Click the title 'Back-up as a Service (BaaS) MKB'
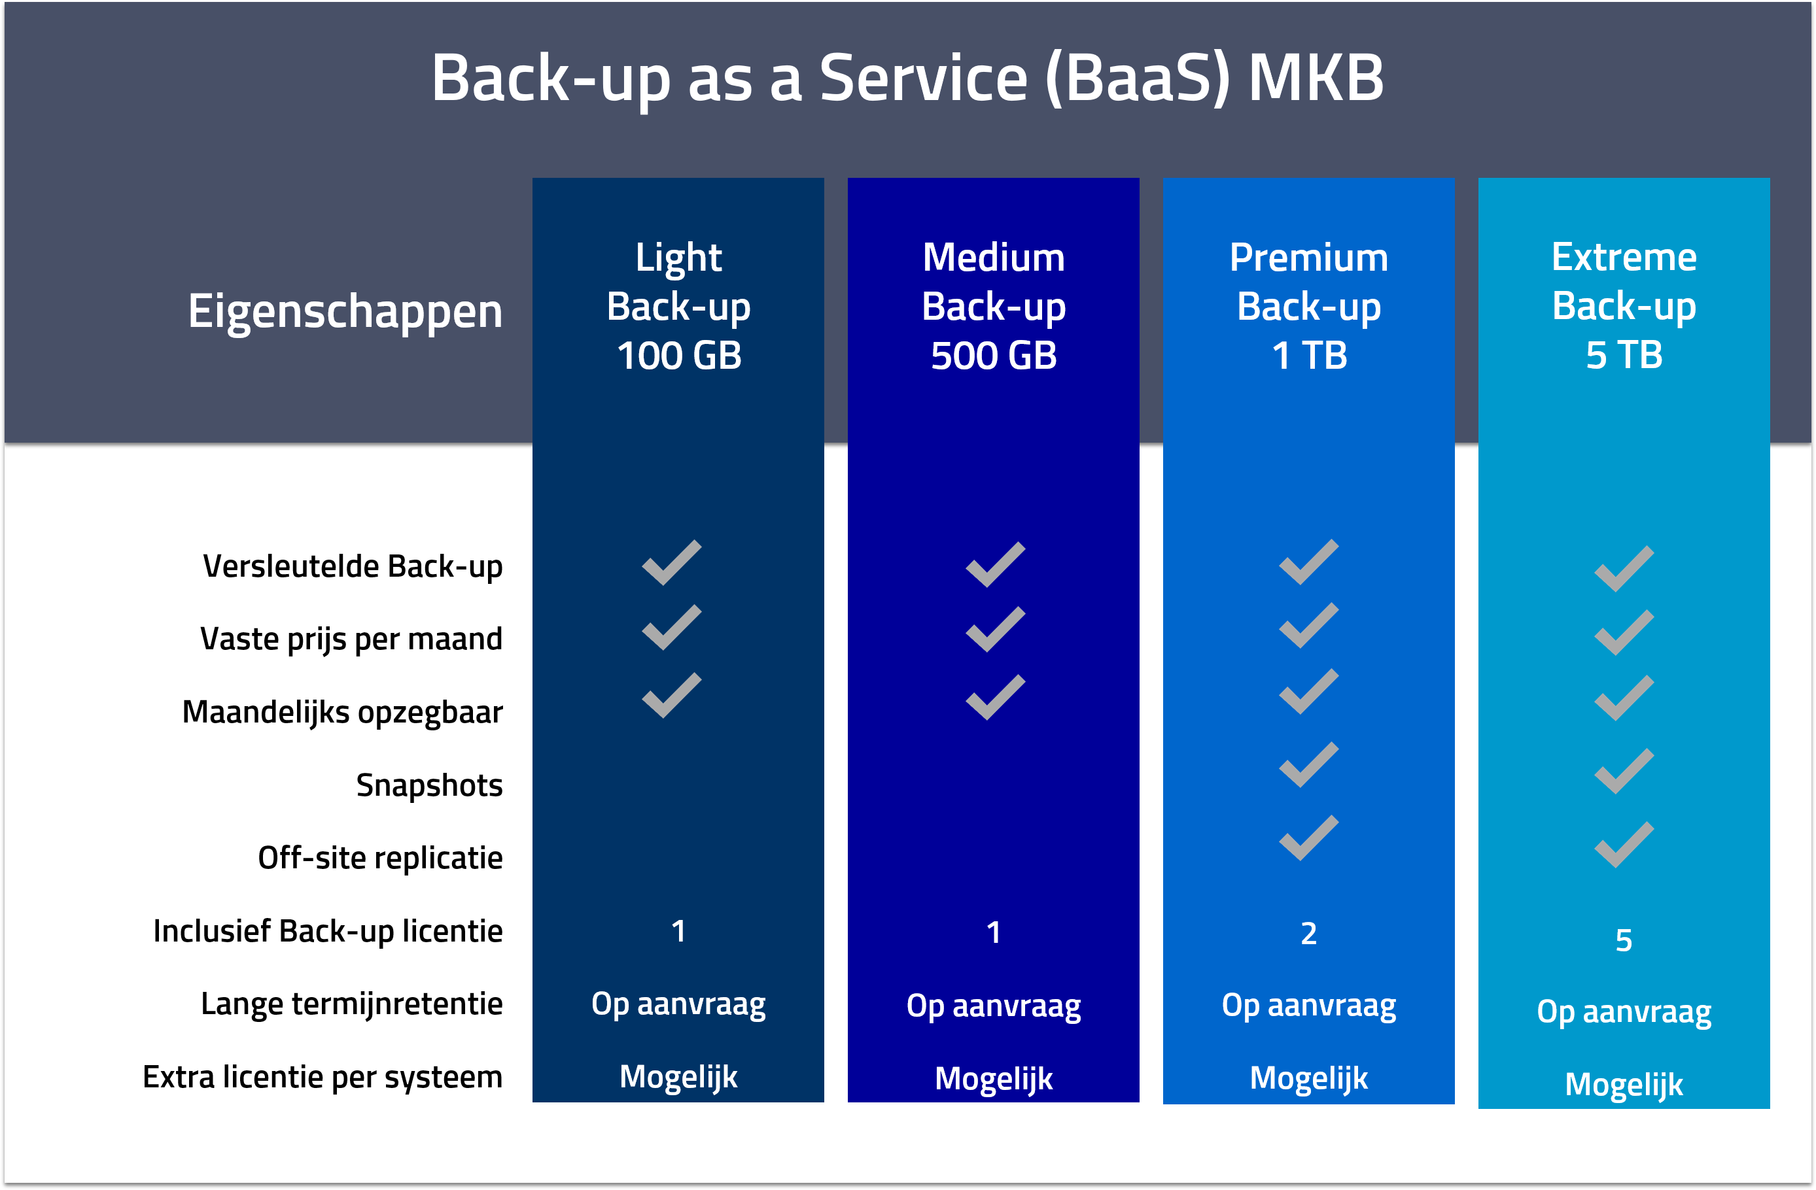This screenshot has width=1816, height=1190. point(907,78)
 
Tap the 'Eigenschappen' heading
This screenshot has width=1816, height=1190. point(345,311)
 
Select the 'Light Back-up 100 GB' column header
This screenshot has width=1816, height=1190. point(678,306)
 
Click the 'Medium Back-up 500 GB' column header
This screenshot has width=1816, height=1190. point(994,306)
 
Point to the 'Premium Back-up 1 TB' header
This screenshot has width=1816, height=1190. point(1308,306)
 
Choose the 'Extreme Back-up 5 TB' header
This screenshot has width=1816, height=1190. point(1624,306)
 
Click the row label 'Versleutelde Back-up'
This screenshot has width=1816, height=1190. point(353,567)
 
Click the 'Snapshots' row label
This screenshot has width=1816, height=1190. point(429,785)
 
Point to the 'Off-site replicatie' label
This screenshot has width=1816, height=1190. point(380,858)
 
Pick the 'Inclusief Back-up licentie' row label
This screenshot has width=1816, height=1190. point(328,931)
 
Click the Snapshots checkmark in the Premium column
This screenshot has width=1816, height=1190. point(1308,764)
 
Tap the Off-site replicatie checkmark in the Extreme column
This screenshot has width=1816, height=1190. point(1624,845)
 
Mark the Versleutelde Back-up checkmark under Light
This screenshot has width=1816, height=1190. point(671,563)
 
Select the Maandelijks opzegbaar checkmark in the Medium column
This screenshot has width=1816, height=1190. point(995,697)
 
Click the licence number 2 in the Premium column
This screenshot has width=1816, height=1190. point(1308,934)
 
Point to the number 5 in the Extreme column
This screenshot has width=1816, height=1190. point(1624,940)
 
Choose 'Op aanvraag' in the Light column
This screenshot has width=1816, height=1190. point(678,1004)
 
